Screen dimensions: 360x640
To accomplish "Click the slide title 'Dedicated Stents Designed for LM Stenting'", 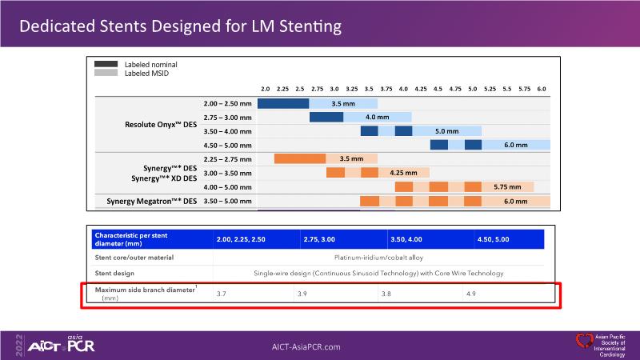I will coord(180,26).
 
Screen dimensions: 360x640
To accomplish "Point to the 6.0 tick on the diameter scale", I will coord(542,88).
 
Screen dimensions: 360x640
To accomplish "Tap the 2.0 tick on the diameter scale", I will coord(266,88).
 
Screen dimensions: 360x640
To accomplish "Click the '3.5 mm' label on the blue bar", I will coord(343,104).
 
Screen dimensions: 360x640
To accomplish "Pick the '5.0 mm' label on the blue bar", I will coord(446,131).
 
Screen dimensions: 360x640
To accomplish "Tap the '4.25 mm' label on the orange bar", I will coord(403,173).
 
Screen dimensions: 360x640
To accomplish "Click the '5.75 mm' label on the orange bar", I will coord(507,186).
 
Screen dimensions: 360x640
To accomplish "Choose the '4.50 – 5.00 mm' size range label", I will coord(228,145).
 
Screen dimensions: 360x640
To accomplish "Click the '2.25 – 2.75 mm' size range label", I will coord(228,158).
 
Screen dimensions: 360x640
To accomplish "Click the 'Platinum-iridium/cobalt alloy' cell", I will coord(378,258).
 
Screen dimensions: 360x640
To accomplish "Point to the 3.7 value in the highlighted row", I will coord(222,294).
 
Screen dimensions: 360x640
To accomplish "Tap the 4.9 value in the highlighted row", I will coord(471,294).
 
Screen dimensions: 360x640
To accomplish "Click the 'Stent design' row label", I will coord(116,274).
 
